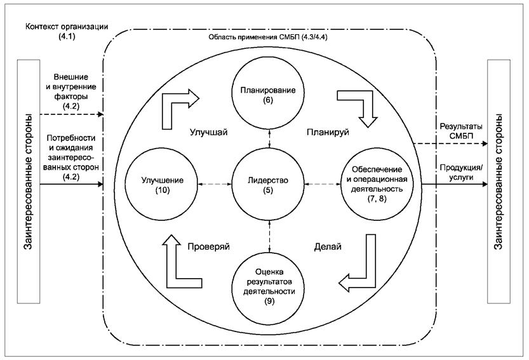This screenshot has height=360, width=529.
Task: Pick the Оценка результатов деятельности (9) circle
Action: [269, 284]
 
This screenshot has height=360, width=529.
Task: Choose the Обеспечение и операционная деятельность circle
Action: [378, 185]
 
